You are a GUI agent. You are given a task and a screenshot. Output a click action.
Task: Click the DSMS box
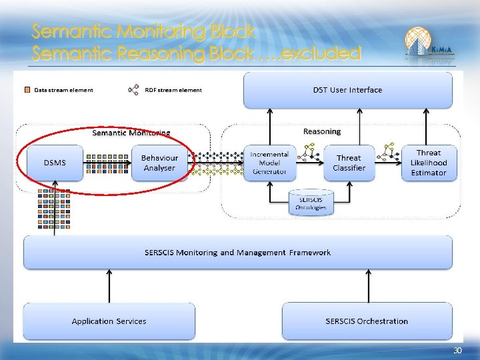(x=55, y=163)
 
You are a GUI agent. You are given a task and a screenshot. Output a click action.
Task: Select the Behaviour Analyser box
(x=159, y=163)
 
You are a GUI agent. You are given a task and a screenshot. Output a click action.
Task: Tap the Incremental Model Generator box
(x=269, y=163)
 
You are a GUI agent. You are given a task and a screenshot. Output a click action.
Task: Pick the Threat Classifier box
(x=349, y=163)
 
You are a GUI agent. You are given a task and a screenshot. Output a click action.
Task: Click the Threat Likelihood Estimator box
(x=429, y=163)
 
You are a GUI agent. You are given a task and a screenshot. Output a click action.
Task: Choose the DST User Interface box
(x=347, y=90)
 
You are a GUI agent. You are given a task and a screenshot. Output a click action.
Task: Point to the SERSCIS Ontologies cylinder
(x=311, y=203)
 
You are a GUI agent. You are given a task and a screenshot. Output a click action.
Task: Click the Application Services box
(x=109, y=321)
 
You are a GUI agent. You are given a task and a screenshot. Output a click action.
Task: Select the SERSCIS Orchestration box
(x=367, y=321)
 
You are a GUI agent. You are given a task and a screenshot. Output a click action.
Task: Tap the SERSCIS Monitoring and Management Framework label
(x=237, y=253)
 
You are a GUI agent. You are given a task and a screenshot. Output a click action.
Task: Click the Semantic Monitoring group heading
(x=131, y=133)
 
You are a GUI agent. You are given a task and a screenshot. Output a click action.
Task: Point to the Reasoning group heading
(x=321, y=131)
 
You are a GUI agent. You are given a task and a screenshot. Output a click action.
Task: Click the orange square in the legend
(x=28, y=90)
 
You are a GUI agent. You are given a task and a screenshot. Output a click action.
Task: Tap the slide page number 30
(x=457, y=351)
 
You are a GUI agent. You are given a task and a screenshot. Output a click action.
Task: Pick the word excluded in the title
(x=321, y=53)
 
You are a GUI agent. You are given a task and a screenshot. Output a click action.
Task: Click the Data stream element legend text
(x=63, y=90)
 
